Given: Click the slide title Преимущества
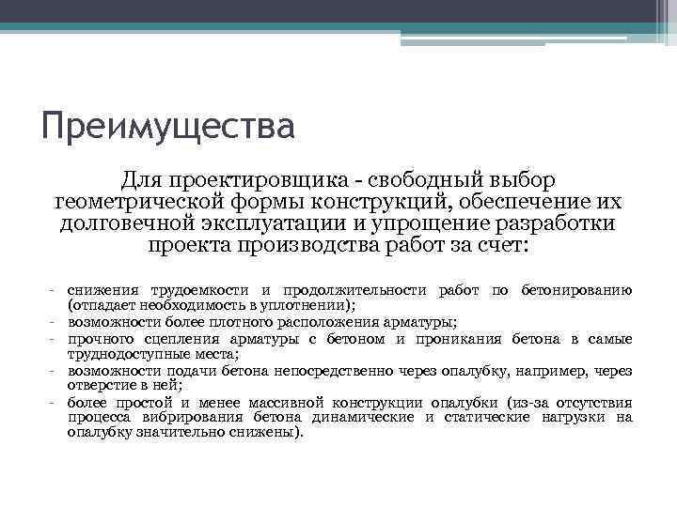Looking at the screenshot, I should [168, 124].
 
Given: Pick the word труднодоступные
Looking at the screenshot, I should [119, 354].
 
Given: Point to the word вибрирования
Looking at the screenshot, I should [184, 418].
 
